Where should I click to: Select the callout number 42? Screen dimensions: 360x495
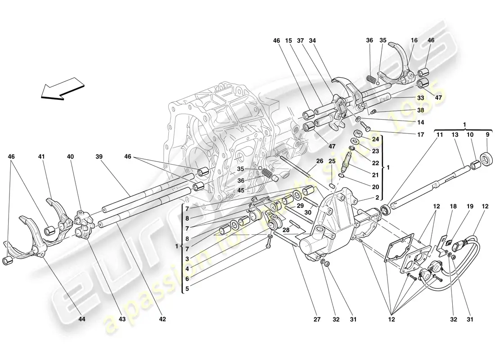[x=162, y=319]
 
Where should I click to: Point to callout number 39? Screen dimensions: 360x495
[x=99, y=157]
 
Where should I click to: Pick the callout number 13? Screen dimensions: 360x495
[x=455, y=134]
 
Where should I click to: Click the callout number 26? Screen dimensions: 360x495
[x=320, y=161]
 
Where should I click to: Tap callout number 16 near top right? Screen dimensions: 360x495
[x=414, y=40]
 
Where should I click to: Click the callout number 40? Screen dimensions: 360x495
[x=70, y=157]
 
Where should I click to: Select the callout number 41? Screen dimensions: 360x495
[x=41, y=157]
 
